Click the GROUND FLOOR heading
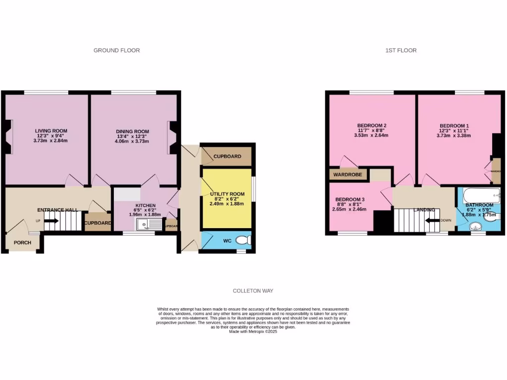pos(116,50)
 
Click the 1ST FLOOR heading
pos(401,50)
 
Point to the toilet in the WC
pos(243,240)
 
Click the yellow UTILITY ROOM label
pos(227,194)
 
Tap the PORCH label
pos(23,242)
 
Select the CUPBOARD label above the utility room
pos(227,156)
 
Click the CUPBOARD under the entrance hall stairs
pos(98,223)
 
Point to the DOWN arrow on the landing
pos(436,221)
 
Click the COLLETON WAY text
pos(253,291)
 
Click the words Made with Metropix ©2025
pos(253,332)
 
